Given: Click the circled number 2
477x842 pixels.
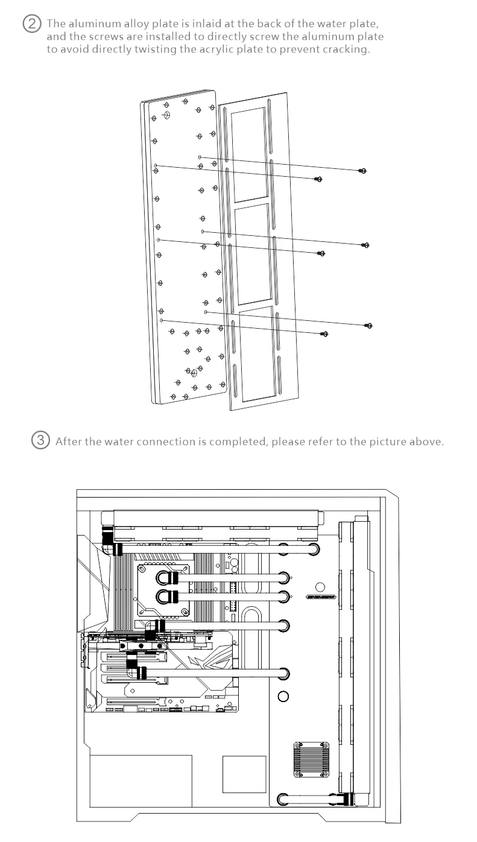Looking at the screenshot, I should pyautogui.click(x=30, y=25).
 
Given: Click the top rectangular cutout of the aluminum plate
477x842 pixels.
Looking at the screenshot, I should pyautogui.click(x=249, y=154).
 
